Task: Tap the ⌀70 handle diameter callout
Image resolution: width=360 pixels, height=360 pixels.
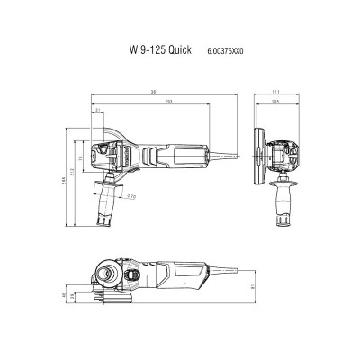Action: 131,195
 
